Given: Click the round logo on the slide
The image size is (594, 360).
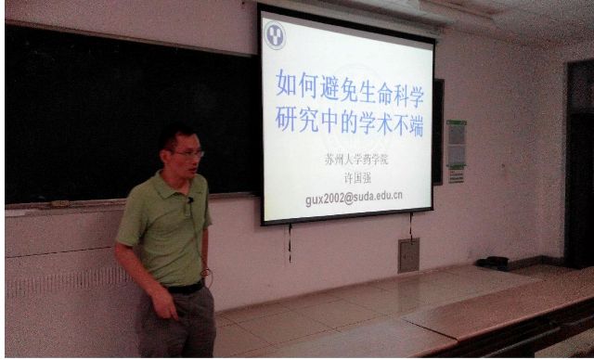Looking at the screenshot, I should click(275, 35).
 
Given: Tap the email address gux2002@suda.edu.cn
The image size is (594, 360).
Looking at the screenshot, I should click(354, 197).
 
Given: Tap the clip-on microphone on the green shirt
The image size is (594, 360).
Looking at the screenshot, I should click(189, 199).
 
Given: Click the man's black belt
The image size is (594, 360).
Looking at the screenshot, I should click(185, 289).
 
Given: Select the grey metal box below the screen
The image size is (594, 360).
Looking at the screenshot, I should click(408, 255).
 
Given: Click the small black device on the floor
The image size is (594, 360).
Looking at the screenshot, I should click(492, 263).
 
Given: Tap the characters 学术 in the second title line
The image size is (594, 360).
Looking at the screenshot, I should click(360, 122).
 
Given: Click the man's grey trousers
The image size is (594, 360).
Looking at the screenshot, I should click(176, 329).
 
